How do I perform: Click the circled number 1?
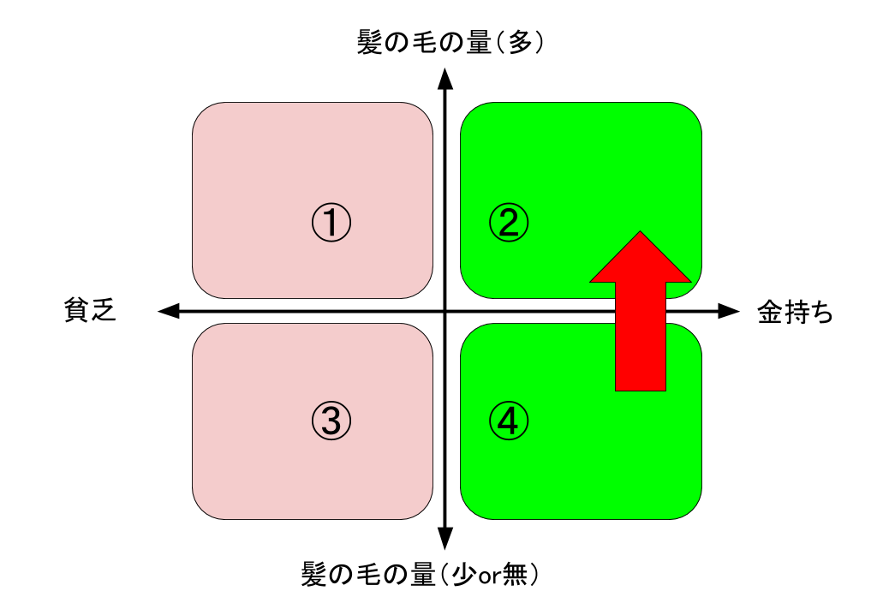[x=331, y=224]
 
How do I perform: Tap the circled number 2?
[x=509, y=224]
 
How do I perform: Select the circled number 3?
[x=331, y=421]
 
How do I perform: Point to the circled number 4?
[x=509, y=421]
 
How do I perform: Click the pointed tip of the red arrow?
[x=640, y=233]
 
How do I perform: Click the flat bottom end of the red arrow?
[x=640, y=389]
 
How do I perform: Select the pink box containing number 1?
[x=257, y=171]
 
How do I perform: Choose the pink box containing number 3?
[x=257, y=463]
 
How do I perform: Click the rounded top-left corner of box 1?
[x=202, y=112]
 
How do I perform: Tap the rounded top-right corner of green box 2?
[x=692, y=112]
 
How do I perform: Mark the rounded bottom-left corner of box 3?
[x=202, y=510]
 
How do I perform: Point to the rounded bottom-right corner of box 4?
[x=692, y=510]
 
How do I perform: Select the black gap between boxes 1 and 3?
[x=313, y=311]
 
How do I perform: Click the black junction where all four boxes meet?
[x=447, y=311]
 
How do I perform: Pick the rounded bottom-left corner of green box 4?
[x=470, y=510]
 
